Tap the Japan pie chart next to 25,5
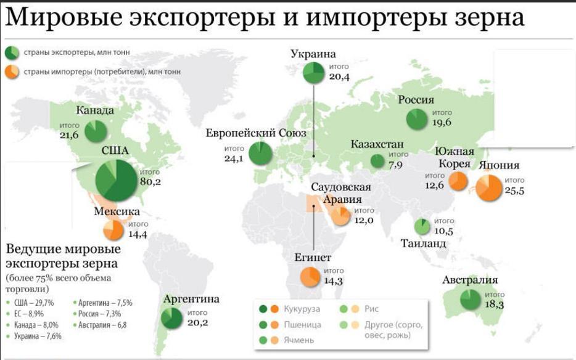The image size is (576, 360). [490, 187]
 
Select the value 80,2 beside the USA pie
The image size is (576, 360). [150, 182]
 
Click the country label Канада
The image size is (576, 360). [95, 111]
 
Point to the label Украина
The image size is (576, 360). [314, 54]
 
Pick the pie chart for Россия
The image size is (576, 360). [417, 118]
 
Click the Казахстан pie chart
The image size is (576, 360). [377, 161]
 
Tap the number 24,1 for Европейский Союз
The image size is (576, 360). [233, 158]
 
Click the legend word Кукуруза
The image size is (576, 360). [302, 309]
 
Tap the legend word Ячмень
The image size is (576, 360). [299, 340]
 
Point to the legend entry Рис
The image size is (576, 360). [371, 309]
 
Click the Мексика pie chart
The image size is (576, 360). [113, 230]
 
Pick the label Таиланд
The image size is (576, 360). [423, 243]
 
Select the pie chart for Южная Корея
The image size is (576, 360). [458, 181]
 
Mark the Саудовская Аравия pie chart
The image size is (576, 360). [340, 216]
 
